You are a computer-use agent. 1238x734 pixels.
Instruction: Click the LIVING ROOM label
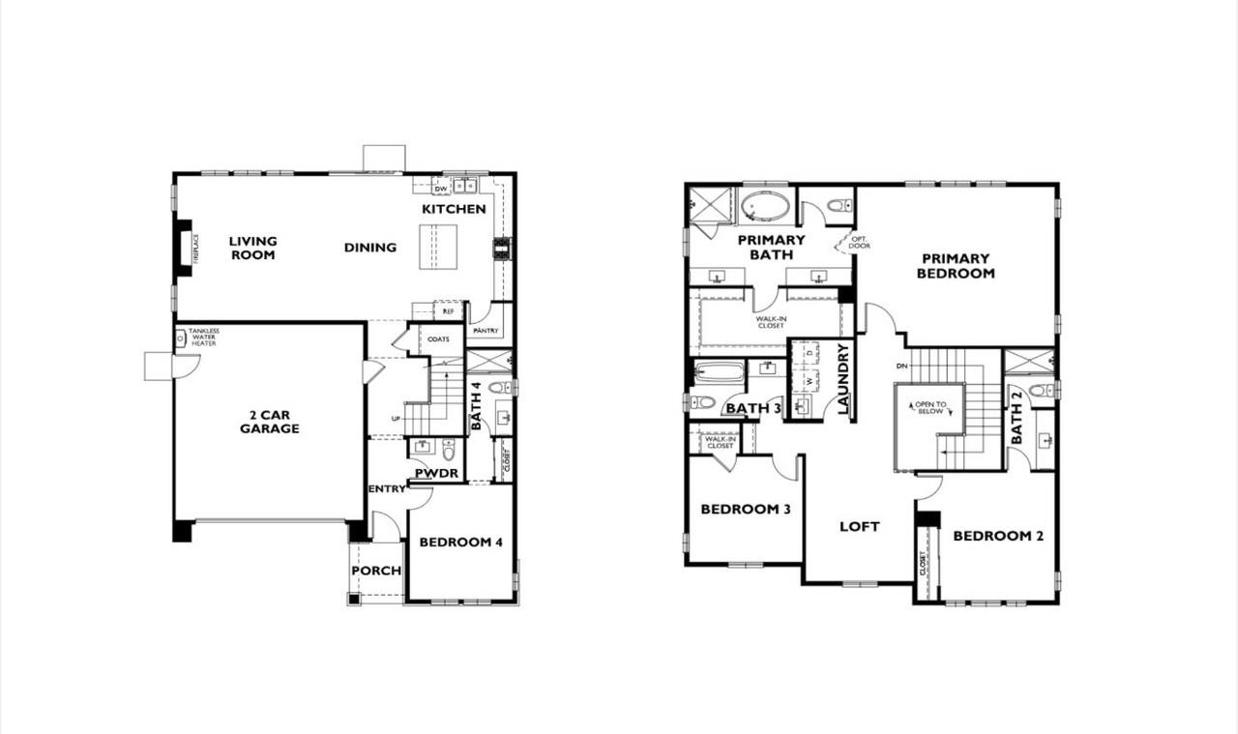(252, 248)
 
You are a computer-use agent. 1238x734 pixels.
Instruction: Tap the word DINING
(370, 248)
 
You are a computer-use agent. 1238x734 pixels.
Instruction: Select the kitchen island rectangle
(438, 247)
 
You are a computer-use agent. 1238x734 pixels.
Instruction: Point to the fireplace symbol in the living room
(184, 248)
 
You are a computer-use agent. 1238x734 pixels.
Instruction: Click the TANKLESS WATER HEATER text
(203, 337)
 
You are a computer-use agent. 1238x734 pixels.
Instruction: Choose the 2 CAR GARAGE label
(269, 422)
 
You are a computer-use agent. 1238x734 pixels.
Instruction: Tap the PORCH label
(376, 571)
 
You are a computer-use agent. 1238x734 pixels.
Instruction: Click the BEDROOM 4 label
(460, 543)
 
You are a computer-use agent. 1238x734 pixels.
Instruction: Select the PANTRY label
(486, 331)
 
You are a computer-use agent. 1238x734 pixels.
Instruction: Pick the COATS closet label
(438, 339)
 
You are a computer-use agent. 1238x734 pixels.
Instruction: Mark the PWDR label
(436, 473)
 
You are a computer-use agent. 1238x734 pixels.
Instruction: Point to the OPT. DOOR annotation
(858, 242)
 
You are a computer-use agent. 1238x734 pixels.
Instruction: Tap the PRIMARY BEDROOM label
(956, 266)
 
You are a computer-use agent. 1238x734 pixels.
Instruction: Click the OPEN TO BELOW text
(929, 407)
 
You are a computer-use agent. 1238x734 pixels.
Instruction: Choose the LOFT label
(859, 526)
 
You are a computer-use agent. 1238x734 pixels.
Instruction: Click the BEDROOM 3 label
(747, 509)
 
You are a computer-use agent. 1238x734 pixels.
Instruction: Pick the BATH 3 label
(753, 408)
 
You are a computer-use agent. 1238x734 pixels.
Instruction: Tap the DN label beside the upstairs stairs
(901, 367)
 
